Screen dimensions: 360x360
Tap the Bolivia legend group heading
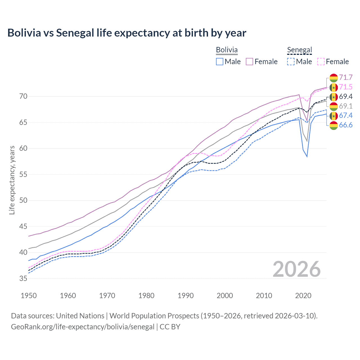click(227, 50)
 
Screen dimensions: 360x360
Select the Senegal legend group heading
click(300, 50)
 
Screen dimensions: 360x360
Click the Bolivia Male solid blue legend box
click(220, 62)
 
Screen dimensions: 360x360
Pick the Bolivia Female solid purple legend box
click(249, 62)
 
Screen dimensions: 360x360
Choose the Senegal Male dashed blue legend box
click(291, 62)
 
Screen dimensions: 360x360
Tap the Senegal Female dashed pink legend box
click(321, 62)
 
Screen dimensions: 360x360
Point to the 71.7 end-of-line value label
click(346, 77)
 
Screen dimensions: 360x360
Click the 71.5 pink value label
click(346, 87)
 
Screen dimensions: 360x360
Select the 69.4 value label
click(346, 96)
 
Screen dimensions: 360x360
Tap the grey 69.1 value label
click(346, 106)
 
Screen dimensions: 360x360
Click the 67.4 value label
click(346, 115)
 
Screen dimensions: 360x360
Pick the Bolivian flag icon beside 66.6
click(334, 125)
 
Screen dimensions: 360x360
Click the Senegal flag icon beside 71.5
click(334, 87)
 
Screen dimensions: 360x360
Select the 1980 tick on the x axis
click(146, 296)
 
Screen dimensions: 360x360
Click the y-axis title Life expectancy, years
click(12, 180)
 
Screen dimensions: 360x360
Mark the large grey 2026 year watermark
click(297, 269)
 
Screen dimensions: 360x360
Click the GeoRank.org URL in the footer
click(82, 327)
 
